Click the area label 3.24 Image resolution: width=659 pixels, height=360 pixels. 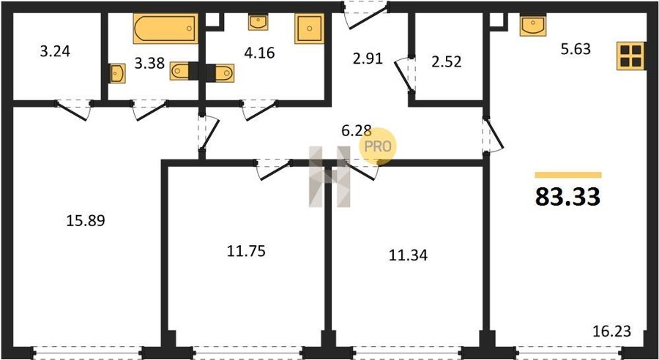click(x=55, y=51)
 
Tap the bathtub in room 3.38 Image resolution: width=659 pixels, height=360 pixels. click(x=165, y=29)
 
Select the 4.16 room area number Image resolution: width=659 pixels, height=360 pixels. click(x=259, y=53)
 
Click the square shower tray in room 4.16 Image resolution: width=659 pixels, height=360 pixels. click(x=309, y=29)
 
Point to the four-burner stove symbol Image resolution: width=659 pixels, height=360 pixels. click(x=631, y=56)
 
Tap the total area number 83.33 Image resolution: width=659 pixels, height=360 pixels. click(x=567, y=197)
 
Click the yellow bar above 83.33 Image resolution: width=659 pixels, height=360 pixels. click(x=568, y=175)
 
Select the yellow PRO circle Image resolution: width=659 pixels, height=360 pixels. click(x=377, y=146)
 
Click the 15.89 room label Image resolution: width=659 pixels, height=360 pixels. click(x=86, y=220)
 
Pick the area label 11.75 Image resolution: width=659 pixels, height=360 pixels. click(x=246, y=251)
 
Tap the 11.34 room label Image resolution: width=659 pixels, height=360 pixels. click(x=408, y=255)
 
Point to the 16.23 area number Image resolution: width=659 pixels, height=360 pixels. click(x=612, y=331)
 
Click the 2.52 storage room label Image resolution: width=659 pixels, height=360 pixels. click(x=447, y=61)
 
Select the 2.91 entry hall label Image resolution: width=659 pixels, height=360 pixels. click(x=368, y=59)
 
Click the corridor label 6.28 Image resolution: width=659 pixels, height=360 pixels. click(x=357, y=131)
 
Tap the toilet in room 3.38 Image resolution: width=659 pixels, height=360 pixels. click(x=184, y=71)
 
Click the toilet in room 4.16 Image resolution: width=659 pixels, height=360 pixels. click(x=220, y=72)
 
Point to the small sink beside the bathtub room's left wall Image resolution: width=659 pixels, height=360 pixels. click(x=117, y=73)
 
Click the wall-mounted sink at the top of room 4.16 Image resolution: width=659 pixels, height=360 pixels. click(x=258, y=22)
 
